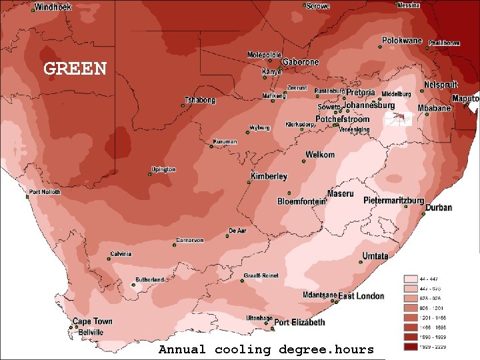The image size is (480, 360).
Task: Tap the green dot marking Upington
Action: (150, 175)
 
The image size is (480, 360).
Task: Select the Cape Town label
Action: (93, 321)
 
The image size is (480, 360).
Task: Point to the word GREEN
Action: (75, 69)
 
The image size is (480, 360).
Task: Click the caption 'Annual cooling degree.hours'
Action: (266, 350)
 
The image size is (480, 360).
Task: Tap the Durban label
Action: (439, 207)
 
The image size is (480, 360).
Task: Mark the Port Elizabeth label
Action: (300, 323)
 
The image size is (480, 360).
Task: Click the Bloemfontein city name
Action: (301, 201)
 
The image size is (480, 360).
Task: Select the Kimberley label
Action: (269, 177)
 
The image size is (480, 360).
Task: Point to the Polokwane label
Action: (402, 41)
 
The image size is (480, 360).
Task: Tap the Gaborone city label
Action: (301, 62)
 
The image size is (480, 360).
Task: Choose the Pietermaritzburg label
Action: (393, 200)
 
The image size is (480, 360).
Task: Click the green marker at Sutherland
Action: (133, 285)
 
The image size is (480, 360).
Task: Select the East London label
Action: (361, 295)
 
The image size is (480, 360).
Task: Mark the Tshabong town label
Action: (200, 101)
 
